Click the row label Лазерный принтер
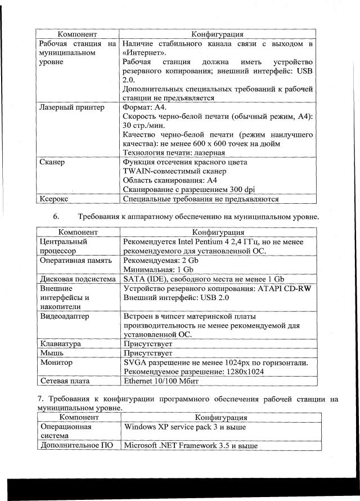point(71,107)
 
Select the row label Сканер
point(52,162)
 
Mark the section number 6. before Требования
point(56,217)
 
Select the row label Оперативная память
point(76,261)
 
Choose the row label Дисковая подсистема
point(77,279)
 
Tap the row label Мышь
point(51,353)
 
